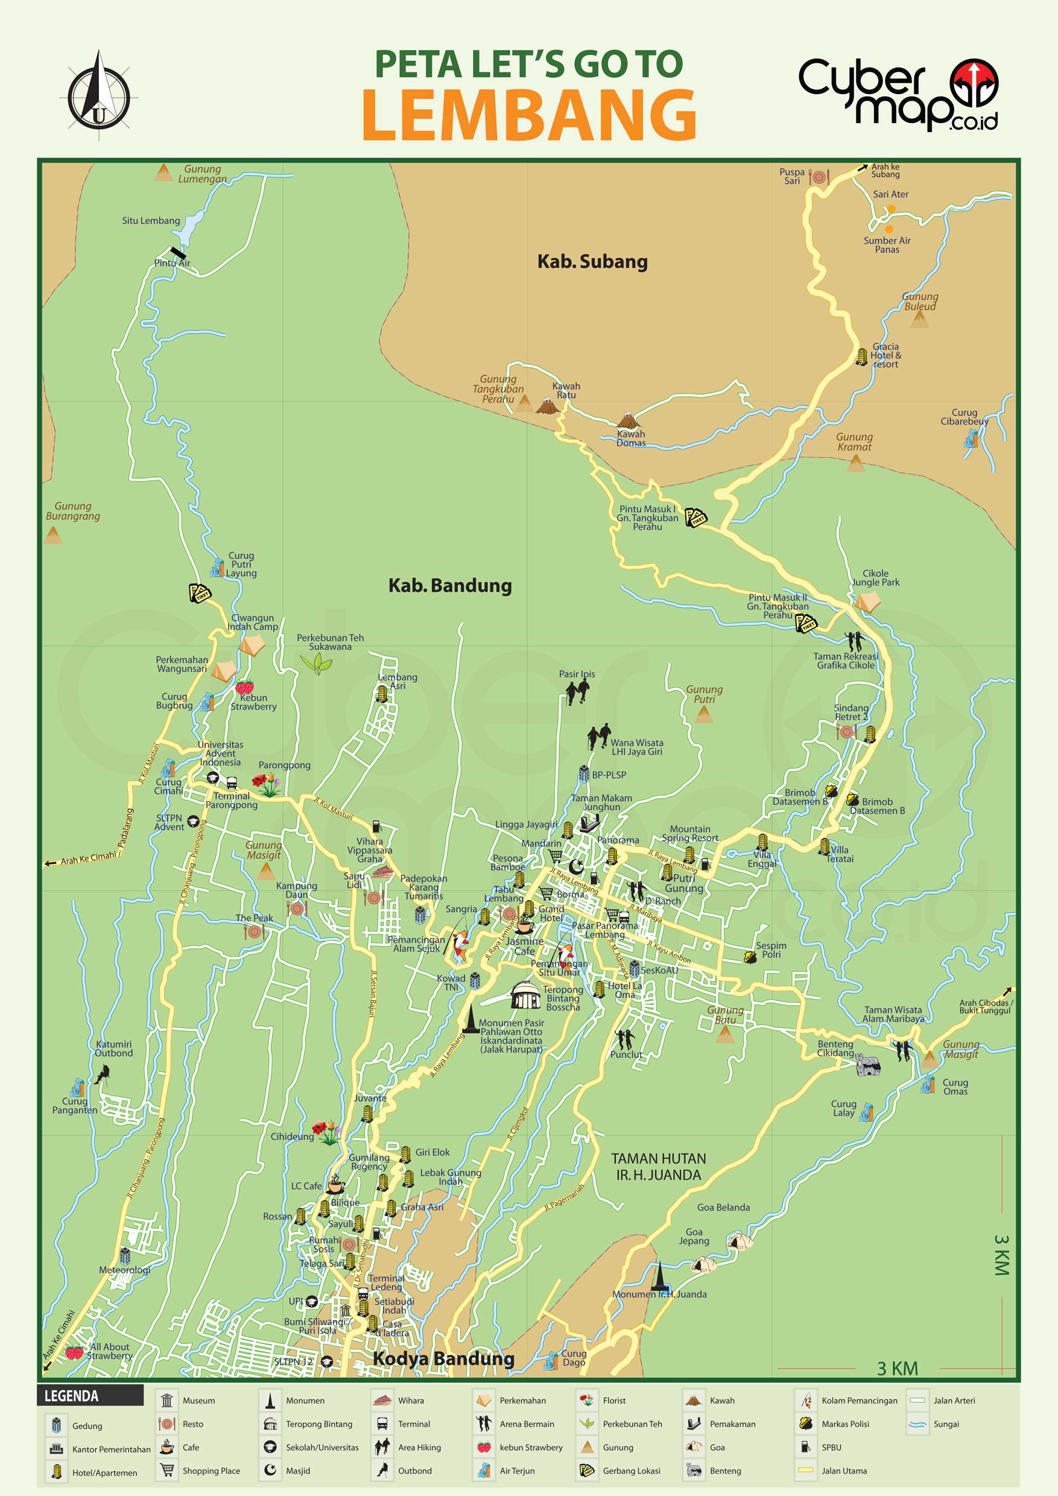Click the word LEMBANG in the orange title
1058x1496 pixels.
529,115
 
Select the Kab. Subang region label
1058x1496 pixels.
592,262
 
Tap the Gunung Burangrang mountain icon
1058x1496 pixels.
52,536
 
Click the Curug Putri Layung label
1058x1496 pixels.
241,564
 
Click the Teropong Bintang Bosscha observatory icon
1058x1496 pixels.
525,995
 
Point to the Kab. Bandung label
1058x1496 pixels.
449,586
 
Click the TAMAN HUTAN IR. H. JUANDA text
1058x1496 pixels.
658,1166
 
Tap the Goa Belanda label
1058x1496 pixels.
723,1207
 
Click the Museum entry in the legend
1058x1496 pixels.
198,1401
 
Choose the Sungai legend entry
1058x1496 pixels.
945,1424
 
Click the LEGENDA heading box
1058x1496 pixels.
90,1396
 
